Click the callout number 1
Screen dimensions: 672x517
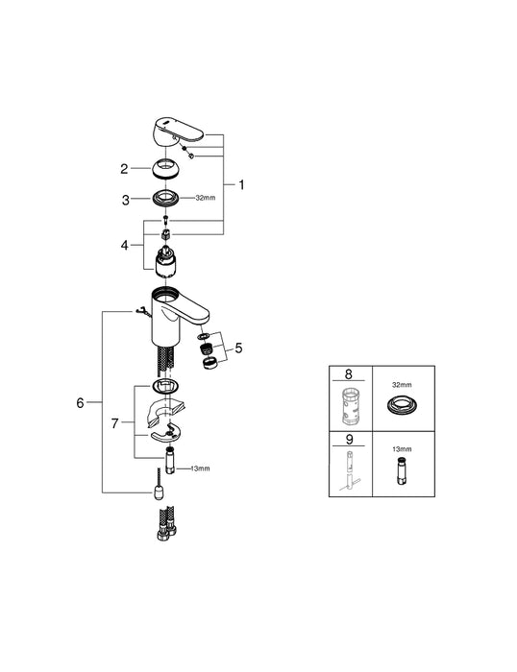(x=241, y=184)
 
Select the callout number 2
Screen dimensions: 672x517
(x=123, y=169)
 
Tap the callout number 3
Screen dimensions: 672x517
(x=123, y=200)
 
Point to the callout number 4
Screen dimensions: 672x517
(x=123, y=245)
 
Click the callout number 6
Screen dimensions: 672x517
(x=80, y=403)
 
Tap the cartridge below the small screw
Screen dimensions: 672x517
(x=167, y=258)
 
